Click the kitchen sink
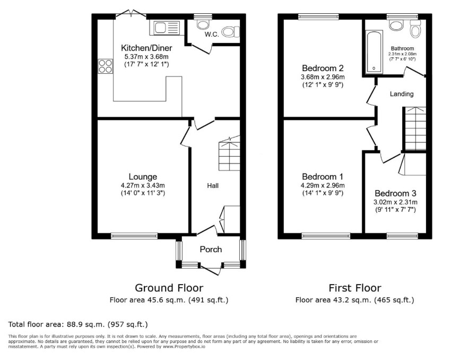pyautogui.click(x=167, y=28)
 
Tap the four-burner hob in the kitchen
pyautogui.click(x=105, y=66)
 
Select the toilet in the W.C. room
pyautogui.click(x=231, y=32)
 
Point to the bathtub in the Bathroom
pyautogui.click(x=374, y=52)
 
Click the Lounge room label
pyautogui.click(x=143, y=176)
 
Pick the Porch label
pyautogui.click(x=211, y=250)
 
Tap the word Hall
pyautogui.click(x=213, y=186)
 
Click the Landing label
pyautogui.click(x=402, y=94)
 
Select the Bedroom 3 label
pyautogui.click(x=395, y=193)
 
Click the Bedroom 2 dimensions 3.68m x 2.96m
pyautogui.click(x=323, y=77)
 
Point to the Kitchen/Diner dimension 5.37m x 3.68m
pyautogui.click(x=146, y=57)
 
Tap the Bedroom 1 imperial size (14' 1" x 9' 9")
pyautogui.click(x=323, y=193)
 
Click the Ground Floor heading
pyautogui.click(x=169, y=288)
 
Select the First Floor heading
pyautogui.click(x=355, y=288)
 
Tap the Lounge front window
pyautogui.click(x=134, y=236)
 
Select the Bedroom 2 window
pyautogui.click(x=318, y=17)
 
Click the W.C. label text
pyautogui.click(x=212, y=35)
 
